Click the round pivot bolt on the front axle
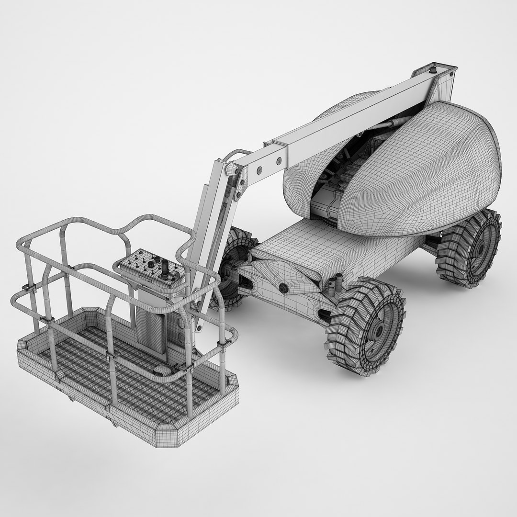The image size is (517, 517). click(284, 288)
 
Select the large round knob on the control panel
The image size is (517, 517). click(151, 264)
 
